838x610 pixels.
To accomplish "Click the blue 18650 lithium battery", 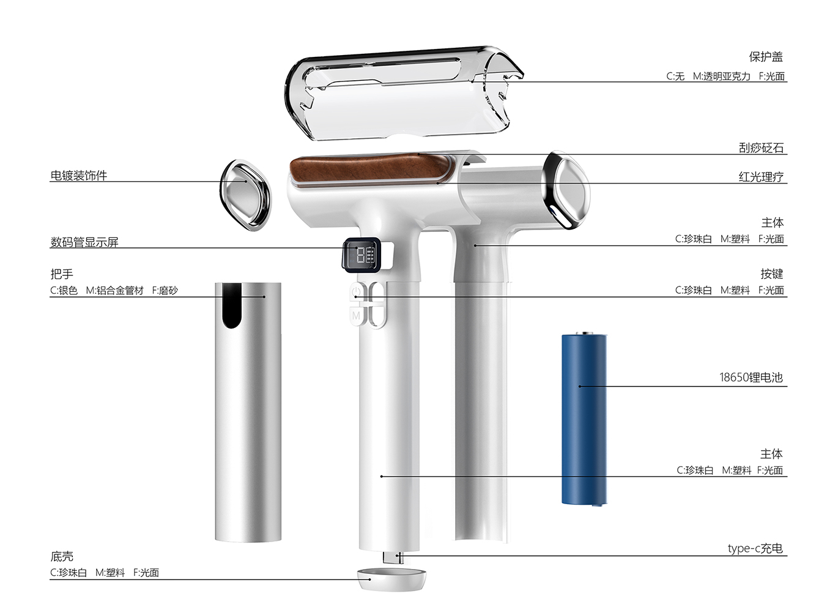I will pos(584,419).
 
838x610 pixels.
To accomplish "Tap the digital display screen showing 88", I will pos(361,254).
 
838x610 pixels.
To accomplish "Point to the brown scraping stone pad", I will pos(367,169).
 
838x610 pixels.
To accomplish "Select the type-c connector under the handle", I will pos(391,557).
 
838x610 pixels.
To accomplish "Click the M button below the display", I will pos(356,316).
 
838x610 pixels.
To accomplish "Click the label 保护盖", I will pos(766,57).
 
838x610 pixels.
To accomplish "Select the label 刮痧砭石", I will pos(761,148).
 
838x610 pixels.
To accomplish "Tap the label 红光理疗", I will pos(761,177).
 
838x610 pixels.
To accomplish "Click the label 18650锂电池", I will pos(751,378).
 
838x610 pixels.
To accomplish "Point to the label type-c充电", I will pos(755,548).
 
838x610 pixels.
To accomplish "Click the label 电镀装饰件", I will pos(78,176).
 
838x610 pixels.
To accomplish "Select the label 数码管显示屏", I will pos(84,242).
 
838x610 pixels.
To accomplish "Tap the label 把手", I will pos(62,274).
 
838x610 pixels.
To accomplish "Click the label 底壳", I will pos(62,556).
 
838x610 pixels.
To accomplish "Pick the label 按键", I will pos(771,273).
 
